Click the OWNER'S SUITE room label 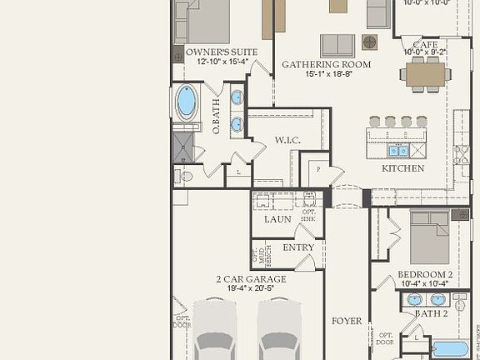click(x=215, y=52)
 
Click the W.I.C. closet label click(x=287, y=141)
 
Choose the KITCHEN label click(x=402, y=168)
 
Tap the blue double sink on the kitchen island click(x=399, y=150)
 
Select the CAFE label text click(x=425, y=44)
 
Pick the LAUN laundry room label click(x=277, y=219)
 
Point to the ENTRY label click(x=298, y=247)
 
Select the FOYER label click(x=347, y=320)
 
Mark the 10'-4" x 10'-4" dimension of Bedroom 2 click(x=425, y=284)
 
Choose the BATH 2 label click(x=432, y=313)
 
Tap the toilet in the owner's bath click(x=185, y=176)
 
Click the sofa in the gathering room click(x=337, y=45)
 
